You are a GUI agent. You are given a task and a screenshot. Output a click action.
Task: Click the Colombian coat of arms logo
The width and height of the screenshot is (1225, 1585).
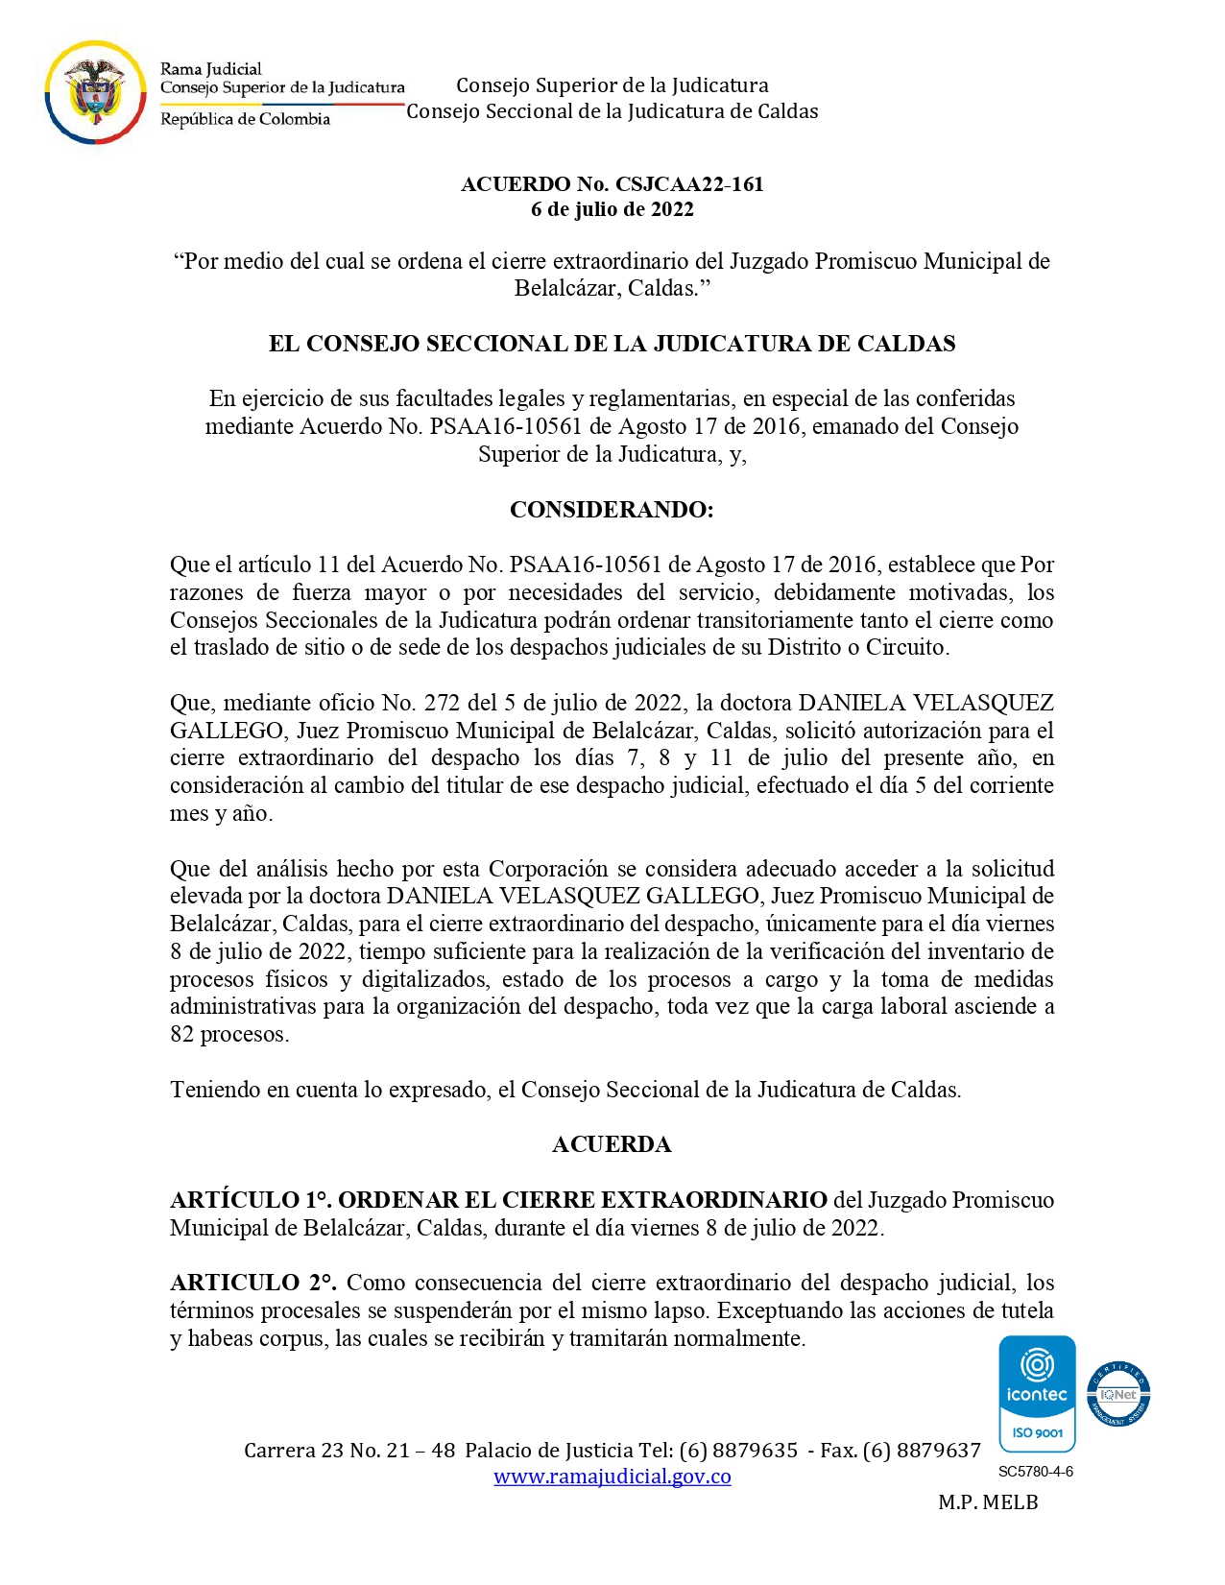click(95, 92)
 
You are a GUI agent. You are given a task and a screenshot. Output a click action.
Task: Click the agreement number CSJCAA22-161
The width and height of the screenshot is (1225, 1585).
click(689, 184)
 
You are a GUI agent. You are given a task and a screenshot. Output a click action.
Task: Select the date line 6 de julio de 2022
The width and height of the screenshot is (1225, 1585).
click(612, 209)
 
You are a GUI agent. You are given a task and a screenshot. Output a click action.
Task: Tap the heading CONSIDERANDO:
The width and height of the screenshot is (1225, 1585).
click(612, 510)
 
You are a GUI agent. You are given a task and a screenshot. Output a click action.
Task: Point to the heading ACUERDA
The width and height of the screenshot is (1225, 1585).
click(612, 1144)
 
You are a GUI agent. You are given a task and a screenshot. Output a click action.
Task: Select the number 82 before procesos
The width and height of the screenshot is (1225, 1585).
click(181, 1035)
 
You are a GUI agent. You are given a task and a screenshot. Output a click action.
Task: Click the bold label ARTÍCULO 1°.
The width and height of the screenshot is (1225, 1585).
click(251, 1200)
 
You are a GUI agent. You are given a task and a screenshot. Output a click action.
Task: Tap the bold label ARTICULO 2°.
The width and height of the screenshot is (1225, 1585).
click(252, 1284)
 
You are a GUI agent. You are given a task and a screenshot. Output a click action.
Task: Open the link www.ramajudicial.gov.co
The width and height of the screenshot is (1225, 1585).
click(612, 1477)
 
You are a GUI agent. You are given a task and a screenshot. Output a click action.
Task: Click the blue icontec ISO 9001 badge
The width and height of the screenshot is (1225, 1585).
click(1037, 1394)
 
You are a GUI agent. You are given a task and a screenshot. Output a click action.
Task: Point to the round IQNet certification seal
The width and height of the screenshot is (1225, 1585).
click(1118, 1394)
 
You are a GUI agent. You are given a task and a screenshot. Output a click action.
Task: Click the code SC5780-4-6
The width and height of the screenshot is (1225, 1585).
click(1036, 1472)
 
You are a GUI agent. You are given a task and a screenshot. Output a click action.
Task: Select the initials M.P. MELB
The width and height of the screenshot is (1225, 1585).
click(988, 1503)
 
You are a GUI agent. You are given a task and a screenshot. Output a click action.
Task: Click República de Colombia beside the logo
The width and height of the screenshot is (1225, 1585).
click(245, 119)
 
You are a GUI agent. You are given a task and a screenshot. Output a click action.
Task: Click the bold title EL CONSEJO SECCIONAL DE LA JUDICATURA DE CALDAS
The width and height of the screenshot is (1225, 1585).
click(612, 345)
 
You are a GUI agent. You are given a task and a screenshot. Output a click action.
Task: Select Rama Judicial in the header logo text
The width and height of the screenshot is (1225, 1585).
click(210, 69)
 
